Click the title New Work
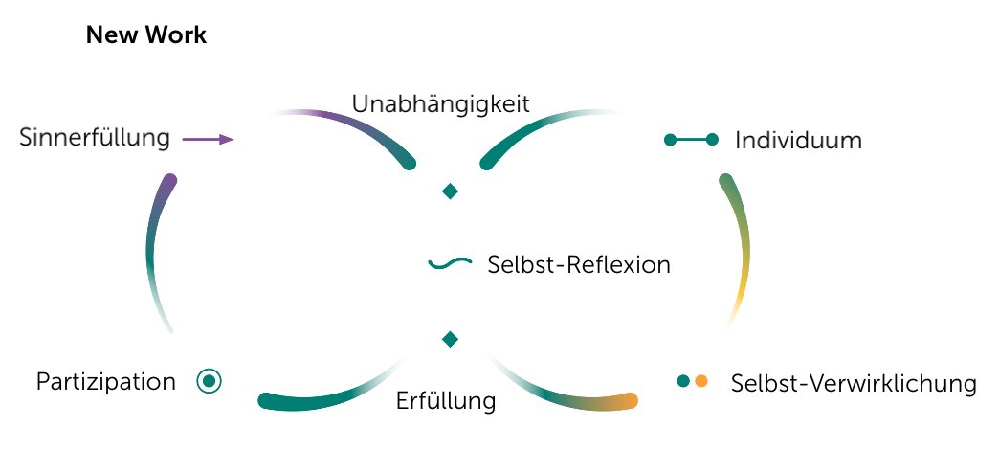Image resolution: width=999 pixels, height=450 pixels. [146, 36]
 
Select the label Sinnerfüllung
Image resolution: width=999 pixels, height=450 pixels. [95, 139]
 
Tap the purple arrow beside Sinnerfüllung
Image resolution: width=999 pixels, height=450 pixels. [208, 140]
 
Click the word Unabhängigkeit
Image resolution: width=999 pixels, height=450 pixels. [440, 103]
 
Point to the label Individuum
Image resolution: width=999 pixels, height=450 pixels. [798, 141]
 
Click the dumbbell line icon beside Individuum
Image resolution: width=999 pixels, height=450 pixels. [691, 141]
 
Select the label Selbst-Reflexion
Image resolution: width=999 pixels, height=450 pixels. [578, 264]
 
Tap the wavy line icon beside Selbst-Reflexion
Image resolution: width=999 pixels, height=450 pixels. [448, 263]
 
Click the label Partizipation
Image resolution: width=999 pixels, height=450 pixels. [106, 382]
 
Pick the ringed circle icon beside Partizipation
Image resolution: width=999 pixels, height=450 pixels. [209, 381]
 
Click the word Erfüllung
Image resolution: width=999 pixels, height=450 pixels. [446, 400]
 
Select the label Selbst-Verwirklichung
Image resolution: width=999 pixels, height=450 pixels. [853, 384]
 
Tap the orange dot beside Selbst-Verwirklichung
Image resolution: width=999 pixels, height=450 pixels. [701, 380]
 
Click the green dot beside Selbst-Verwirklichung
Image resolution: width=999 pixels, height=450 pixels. [683, 380]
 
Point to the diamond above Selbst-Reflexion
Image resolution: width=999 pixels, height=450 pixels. [450, 191]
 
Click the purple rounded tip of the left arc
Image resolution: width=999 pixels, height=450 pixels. [170, 181]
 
